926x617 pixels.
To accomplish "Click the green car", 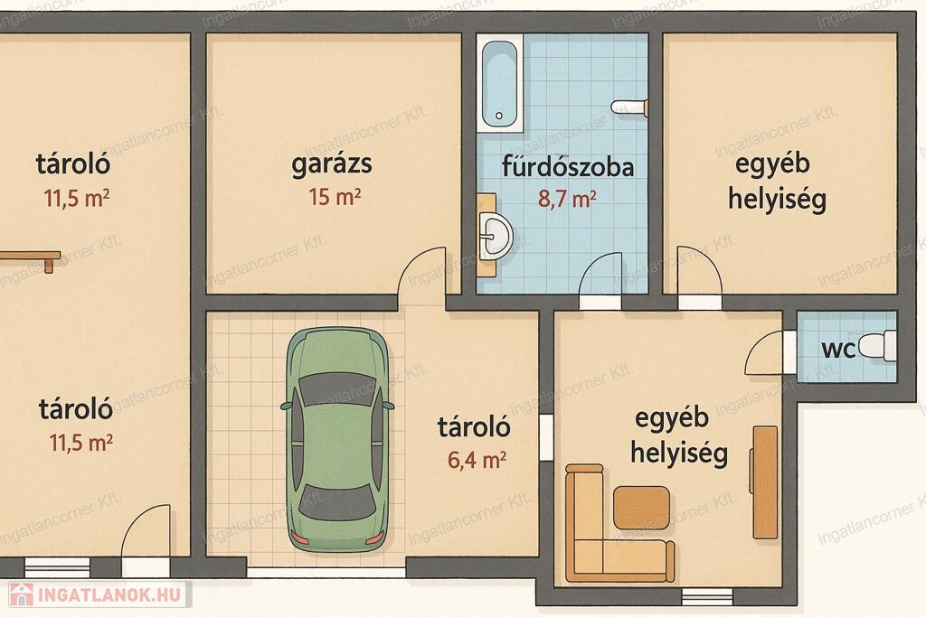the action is (x=337, y=440).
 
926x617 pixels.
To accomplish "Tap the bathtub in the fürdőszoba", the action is (x=499, y=84).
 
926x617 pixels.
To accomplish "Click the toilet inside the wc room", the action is (x=878, y=346).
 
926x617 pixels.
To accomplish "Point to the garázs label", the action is (x=332, y=164).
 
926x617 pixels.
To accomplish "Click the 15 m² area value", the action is (x=335, y=196).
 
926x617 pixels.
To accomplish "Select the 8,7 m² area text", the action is (x=566, y=199).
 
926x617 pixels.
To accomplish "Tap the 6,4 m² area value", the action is (x=477, y=459).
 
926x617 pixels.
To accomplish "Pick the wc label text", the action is (x=838, y=350).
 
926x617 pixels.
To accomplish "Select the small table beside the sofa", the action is (x=641, y=507).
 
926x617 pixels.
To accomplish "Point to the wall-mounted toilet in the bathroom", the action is (x=629, y=108).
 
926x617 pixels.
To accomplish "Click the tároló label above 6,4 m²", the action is (x=474, y=426).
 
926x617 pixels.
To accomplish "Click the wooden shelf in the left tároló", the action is (x=31, y=257).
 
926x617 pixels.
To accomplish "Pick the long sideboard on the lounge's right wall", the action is (x=765, y=482).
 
